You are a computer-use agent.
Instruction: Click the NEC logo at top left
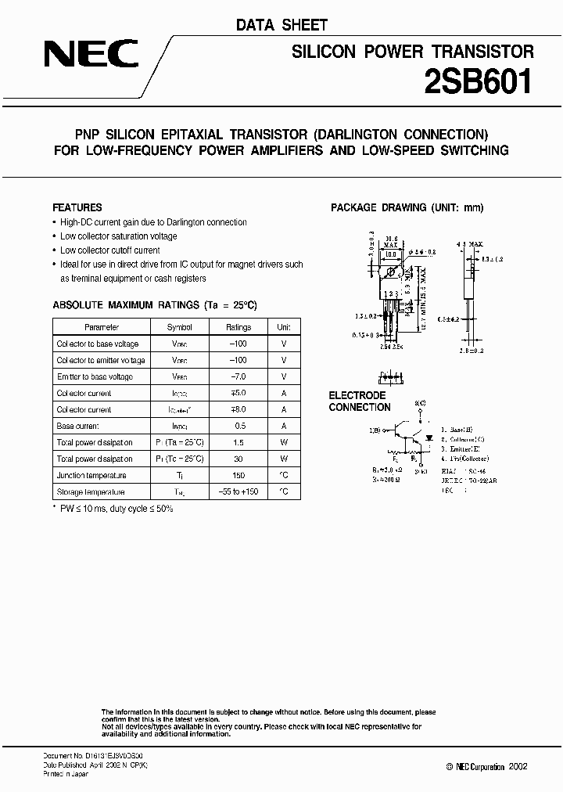click(x=91, y=54)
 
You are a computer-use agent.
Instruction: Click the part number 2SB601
click(x=478, y=81)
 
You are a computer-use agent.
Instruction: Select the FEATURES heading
click(x=77, y=207)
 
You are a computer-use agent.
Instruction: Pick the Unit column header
click(x=284, y=327)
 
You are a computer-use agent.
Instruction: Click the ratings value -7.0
click(x=238, y=376)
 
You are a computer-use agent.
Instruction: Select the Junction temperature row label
click(x=91, y=475)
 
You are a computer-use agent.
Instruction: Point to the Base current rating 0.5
click(x=238, y=426)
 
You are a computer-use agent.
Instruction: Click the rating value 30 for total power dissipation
click(x=238, y=459)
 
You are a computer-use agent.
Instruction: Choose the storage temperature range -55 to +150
click(x=238, y=491)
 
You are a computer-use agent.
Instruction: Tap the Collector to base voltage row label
click(x=97, y=344)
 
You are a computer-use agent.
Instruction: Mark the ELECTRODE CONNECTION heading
click(x=359, y=401)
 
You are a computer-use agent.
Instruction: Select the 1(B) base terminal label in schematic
click(x=375, y=430)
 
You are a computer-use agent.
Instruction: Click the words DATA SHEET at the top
click(x=281, y=25)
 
